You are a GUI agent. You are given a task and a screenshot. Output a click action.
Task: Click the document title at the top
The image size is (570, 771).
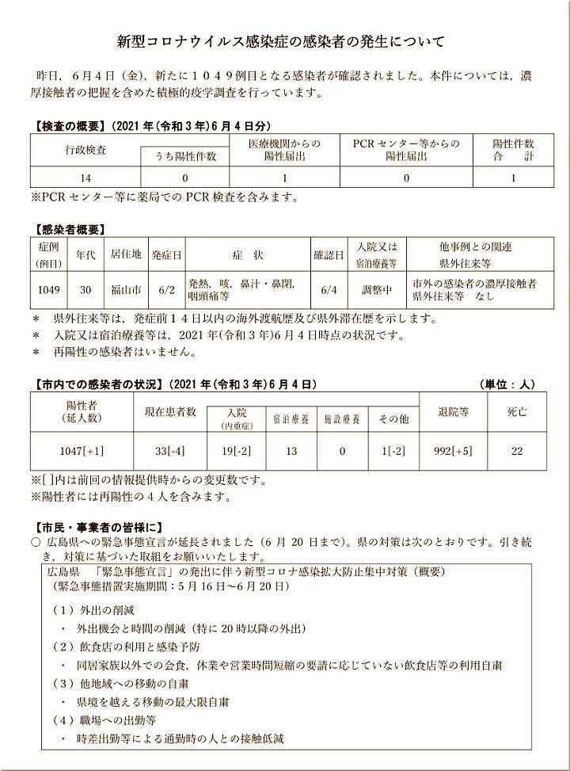(285, 40)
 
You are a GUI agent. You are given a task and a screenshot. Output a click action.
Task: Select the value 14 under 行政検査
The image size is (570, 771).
(86, 178)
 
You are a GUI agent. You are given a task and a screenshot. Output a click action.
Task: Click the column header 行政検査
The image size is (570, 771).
(86, 149)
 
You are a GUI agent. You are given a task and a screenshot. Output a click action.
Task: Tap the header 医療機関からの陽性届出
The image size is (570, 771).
(285, 150)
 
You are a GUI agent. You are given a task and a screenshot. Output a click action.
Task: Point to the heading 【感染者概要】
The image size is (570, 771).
(69, 230)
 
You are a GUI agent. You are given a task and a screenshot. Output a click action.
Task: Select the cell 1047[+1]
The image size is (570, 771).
(82, 451)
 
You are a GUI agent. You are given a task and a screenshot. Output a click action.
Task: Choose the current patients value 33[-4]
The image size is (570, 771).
(169, 451)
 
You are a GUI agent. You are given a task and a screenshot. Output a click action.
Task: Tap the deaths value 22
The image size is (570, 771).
(517, 451)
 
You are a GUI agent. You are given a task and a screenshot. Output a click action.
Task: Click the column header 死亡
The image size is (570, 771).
(517, 412)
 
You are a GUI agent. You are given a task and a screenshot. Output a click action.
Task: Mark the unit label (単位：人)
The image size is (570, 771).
(507, 385)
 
